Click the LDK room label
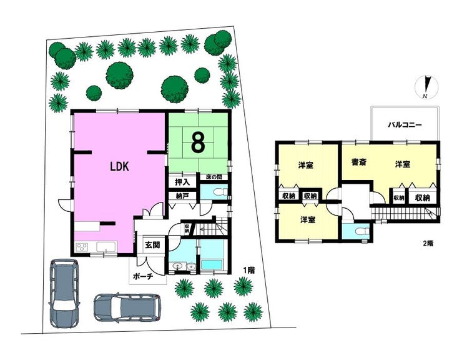point(119,167)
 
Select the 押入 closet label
point(182,182)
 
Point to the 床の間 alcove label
point(214,177)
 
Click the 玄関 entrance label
point(152,244)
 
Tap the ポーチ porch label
point(143,276)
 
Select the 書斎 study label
point(359,162)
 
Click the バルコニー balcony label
point(405,125)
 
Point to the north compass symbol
point(426,87)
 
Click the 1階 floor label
point(248,270)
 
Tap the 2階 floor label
point(428,244)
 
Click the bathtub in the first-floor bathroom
point(211,264)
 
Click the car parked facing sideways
point(127,308)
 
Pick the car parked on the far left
point(64,293)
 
